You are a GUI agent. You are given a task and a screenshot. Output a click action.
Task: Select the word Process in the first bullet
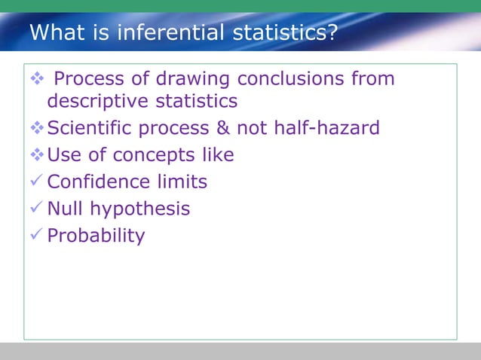point(83,79)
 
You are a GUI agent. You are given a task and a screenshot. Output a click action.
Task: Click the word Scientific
point(88,128)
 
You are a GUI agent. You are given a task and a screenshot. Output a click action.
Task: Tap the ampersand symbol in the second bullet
point(223,128)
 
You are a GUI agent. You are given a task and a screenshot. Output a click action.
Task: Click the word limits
point(182,182)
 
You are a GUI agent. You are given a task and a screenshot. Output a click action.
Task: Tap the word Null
point(64,209)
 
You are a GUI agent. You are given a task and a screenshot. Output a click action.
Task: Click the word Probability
point(96,236)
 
